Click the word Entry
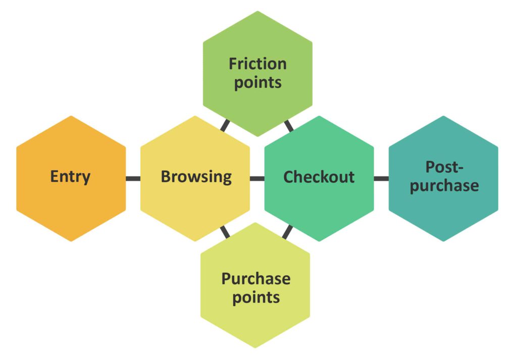click(70, 177)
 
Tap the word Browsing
click(196, 177)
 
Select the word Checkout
click(319, 177)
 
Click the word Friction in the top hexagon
click(257, 64)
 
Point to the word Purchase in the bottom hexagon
click(256, 278)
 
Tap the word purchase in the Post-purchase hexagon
click(444, 185)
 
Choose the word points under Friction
click(257, 82)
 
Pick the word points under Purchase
click(256, 297)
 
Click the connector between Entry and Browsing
click(133, 178)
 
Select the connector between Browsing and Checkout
click(257, 178)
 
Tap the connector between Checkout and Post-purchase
click(381, 178)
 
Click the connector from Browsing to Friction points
click(225, 125)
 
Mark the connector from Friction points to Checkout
click(289, 125)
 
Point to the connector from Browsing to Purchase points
click(225, 231)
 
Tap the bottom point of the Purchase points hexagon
click(255, 347)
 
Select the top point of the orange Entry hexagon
click(71, 117)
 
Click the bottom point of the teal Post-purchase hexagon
click(443, 240)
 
